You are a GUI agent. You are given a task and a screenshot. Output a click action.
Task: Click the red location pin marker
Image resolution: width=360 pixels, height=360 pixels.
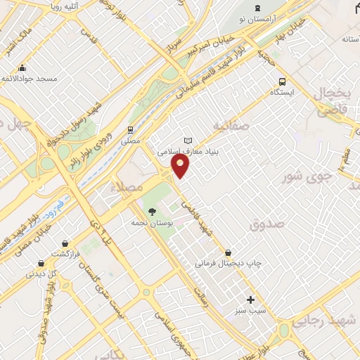point(181,165)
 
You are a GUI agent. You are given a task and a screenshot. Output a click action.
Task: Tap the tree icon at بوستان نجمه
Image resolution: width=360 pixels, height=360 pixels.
point(151,211)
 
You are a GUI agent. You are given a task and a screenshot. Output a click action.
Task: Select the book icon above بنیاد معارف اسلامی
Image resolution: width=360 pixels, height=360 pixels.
point(187,140)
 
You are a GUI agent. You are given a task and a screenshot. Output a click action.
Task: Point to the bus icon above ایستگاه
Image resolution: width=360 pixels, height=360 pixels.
point(283,81)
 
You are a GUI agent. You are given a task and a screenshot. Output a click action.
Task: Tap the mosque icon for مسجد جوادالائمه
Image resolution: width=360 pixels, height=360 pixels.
point(22,68)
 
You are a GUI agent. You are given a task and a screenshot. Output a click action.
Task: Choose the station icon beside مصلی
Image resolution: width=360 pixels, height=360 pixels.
point(129,129)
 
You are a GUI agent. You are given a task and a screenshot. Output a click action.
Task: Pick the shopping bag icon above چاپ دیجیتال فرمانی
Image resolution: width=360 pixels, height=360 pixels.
point(228,252)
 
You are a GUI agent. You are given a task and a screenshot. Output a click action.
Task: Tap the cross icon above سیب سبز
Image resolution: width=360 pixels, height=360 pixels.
point(250,300)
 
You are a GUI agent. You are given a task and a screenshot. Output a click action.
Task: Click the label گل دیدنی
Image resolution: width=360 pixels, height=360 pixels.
point(41,274)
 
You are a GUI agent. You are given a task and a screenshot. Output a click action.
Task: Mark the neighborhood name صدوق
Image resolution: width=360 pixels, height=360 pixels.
point(266,223)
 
